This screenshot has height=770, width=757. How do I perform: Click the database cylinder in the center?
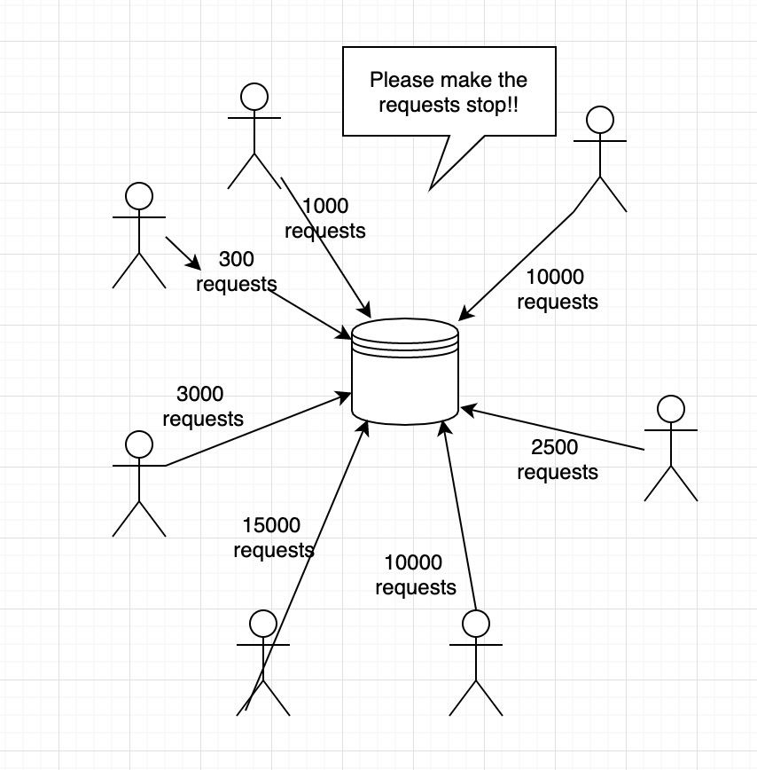point(405,371)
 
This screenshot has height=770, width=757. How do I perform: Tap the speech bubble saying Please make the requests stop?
point(449,92)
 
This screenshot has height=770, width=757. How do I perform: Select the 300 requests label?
point(237,271)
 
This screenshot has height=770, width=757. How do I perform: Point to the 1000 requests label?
point(324,218)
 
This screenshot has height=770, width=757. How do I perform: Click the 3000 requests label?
point(203,406)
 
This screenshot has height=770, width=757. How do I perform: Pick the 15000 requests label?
point(273,538)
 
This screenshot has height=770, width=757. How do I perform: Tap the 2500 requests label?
point(558,460)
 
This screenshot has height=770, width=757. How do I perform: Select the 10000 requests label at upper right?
point(558,289)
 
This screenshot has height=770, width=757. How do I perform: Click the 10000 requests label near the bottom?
point(416,575)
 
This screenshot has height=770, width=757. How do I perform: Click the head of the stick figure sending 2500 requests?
point(671,409)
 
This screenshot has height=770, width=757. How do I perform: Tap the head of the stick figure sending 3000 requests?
point(139,444)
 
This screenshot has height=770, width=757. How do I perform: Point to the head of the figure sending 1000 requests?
point(254,96)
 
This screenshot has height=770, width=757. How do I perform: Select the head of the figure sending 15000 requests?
point(263,624)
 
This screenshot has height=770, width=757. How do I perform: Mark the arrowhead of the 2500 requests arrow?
point(468,409)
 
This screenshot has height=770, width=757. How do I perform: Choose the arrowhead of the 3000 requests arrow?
point(343,397)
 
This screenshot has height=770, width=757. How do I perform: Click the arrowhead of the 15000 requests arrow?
point(364,428)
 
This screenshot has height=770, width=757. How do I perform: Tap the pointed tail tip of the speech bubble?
point(430,190)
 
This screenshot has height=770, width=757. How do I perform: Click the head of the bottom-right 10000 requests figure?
point(476,624)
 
